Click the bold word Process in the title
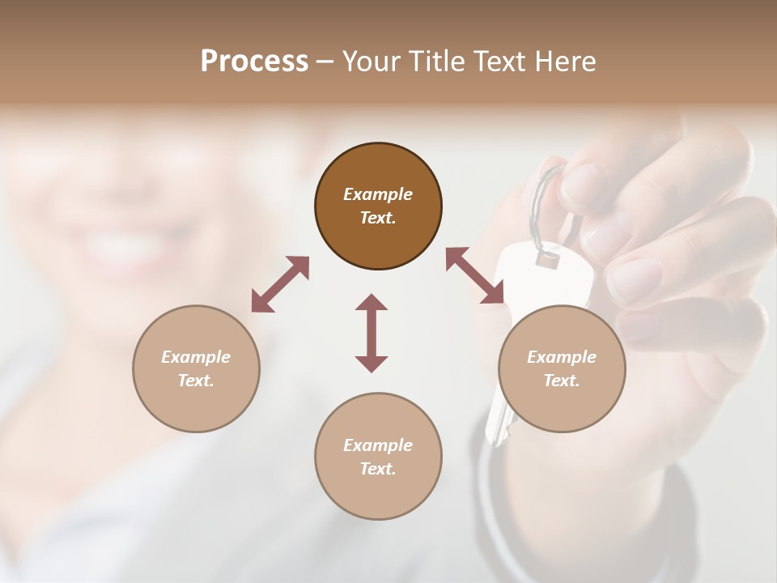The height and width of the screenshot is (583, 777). point(254,62)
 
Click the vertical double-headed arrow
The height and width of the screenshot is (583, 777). point(372,333)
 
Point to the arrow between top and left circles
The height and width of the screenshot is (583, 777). point(280,284)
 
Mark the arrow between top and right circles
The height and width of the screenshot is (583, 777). point(474,276)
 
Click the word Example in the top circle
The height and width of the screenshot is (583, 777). point(378,194)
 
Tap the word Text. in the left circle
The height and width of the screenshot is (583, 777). point(196,381)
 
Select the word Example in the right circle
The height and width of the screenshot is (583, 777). point(562,357)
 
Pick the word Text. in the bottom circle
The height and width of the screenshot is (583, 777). point(378,469)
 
